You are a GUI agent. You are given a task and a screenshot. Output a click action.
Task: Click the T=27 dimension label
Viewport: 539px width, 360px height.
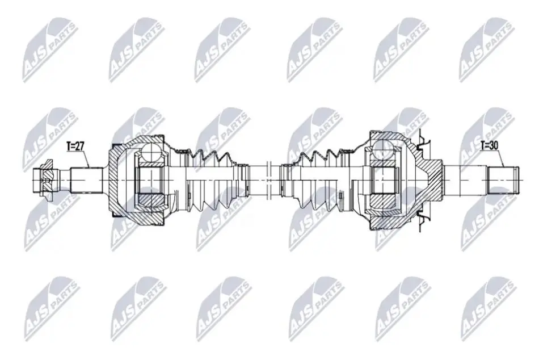[x=75, y=146]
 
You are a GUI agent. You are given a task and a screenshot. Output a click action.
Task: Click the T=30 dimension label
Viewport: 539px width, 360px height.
[x=489, y=145]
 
